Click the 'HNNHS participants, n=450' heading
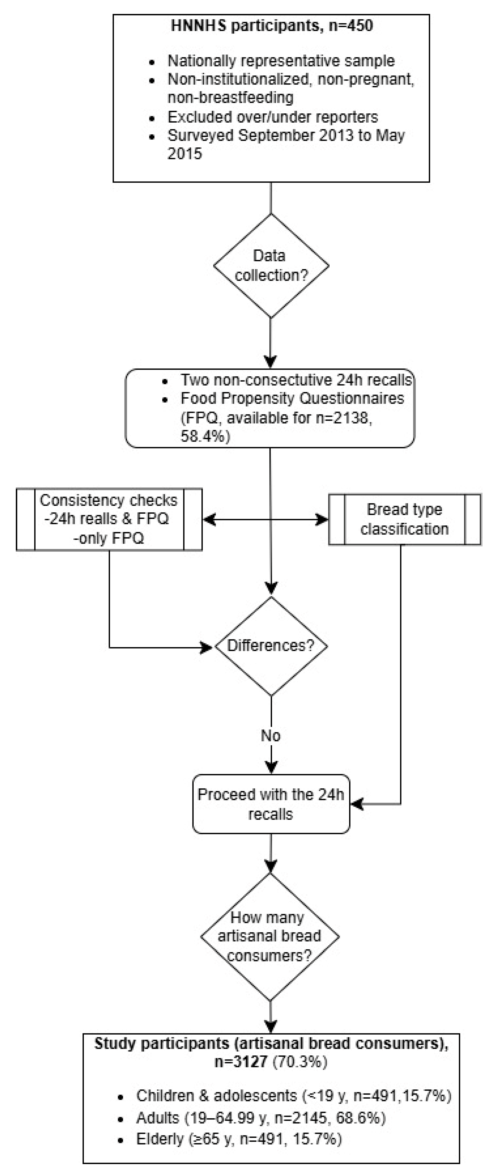click(x=272, y=26)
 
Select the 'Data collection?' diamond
click(x=271, y=266)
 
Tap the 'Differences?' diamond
click(x=271, y=646)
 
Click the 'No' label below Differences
click(x=271, y=735)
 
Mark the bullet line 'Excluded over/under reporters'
click(x=272, y=117)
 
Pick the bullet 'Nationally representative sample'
click(x=281, y=61)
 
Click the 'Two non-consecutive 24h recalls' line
click(x=296, y=380)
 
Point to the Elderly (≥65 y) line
click(x=239, y=1139)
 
